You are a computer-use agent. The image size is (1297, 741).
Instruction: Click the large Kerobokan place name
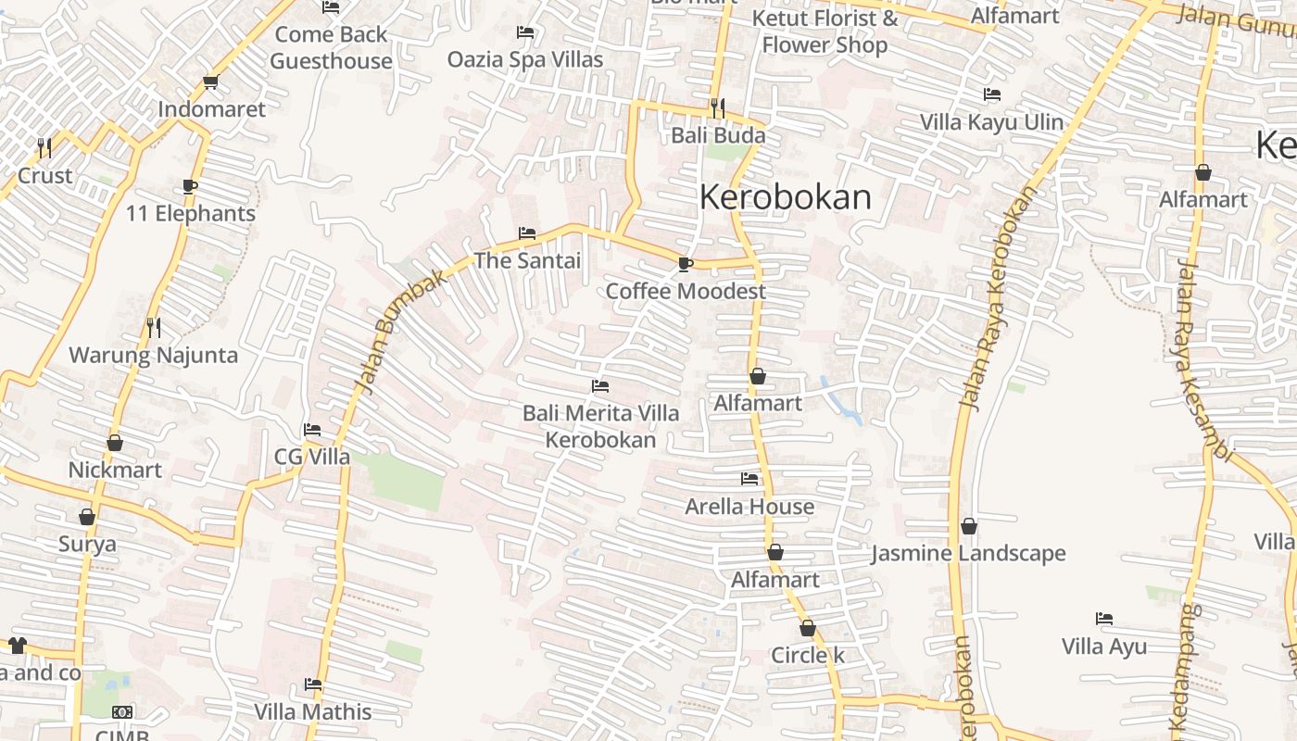click(x=786, y=197)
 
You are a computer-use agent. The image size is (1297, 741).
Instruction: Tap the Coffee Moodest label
click(x=686, y=291)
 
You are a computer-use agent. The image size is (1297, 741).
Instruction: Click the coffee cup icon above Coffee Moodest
click(x=685, y=265)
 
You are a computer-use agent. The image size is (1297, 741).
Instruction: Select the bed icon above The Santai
click(x=527, y=233)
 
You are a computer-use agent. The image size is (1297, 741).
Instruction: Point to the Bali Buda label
click(x=718, y=135)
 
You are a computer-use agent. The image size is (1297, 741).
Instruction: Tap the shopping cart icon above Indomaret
click(x=210, y=82)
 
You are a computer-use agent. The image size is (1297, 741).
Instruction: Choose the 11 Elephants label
click(x=191, y=213)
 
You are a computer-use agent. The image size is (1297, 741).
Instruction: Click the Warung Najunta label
click(x=154, y=355)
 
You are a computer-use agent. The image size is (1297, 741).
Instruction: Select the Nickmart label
click(x=115, y=470)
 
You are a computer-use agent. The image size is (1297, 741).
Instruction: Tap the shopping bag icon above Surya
click(x=87, y=517)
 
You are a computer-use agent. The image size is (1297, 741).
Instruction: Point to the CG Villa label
click(x=312, y=457)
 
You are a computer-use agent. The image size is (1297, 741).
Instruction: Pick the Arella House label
click(x=749, y=507)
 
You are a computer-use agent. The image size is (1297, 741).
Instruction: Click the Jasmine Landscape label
click(x=968, y=553)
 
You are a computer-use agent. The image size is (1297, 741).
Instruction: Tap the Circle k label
click(x=808, y=655)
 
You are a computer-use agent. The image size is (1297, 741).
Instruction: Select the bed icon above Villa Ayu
click(x=1103, y=619)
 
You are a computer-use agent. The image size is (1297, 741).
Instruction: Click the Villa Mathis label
click(x=313, y=711)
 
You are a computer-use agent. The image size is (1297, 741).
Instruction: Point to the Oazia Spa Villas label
click(x=525, y=59)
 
